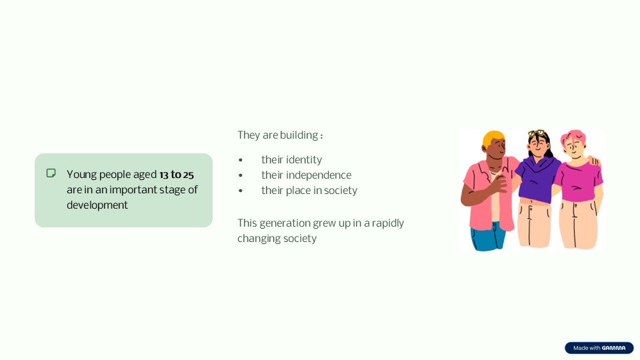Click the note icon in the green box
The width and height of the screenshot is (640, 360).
pos(51,173)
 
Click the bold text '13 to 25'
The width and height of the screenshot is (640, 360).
pos(176,175)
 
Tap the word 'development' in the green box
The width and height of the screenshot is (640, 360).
pos(97,205)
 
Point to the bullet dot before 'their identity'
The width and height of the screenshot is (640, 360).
pos(241,160)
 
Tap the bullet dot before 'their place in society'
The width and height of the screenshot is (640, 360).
pos(241,191)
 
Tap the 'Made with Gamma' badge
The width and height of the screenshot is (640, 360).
pos(599,348)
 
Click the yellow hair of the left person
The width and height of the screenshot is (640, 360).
pos(492,138)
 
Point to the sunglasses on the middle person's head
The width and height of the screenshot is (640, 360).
pos(537,133)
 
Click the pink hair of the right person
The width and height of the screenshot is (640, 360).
pos(573,137)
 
